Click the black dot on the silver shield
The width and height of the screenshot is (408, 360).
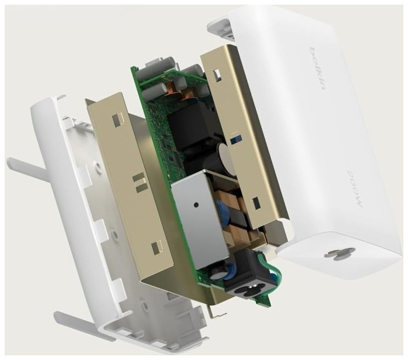(x=196, y=205)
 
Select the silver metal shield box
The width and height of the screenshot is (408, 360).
(x=200, y=220)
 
